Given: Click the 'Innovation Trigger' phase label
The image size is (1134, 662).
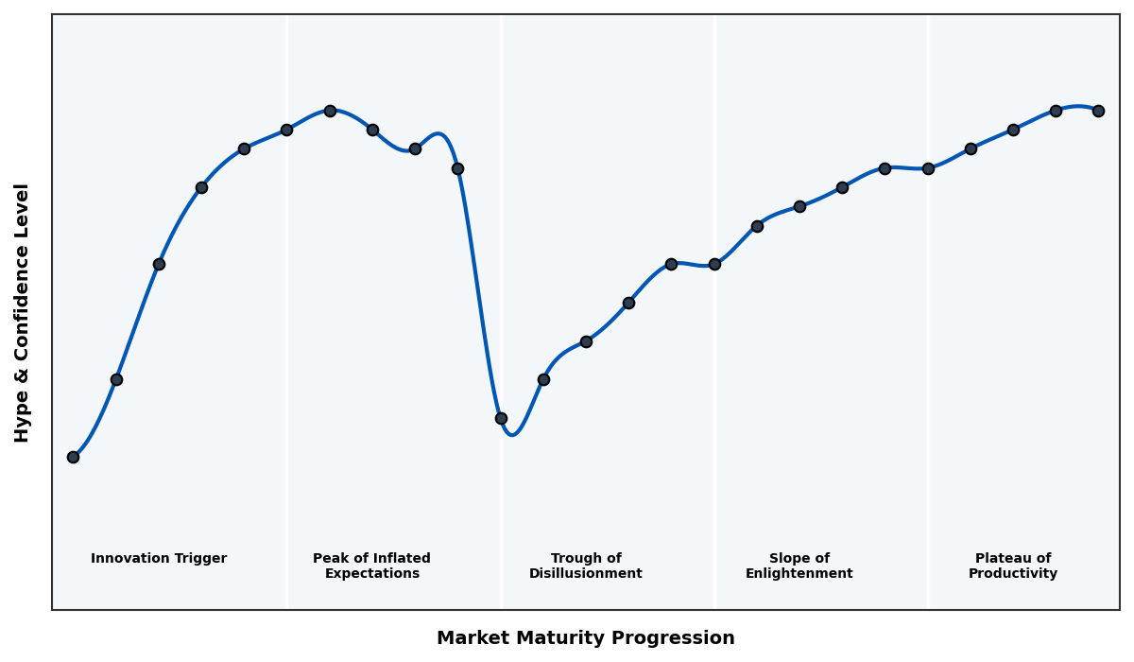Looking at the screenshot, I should pos(159,559).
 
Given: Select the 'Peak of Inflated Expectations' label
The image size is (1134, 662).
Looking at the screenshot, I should pos(371,566).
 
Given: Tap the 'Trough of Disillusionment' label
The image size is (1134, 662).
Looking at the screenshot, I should pos(586,566).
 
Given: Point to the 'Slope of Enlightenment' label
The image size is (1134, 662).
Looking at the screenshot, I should pos(799,566).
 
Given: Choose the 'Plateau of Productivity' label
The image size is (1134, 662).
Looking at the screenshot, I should pos(1012,566).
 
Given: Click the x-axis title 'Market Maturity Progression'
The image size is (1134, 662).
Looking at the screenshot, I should pos(585,638).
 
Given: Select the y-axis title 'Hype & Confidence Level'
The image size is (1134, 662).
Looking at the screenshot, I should pos(23,312).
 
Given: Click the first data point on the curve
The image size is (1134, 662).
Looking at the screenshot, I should pos(73,457).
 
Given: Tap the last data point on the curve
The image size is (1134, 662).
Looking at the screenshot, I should pos(1098,111).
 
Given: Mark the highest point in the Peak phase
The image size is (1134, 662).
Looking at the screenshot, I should pos(330,111).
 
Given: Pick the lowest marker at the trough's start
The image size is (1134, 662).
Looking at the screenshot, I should pos(501,418).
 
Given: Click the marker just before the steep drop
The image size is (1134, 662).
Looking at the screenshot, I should pos(457,168).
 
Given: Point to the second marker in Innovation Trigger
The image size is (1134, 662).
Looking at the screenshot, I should pos(116,379).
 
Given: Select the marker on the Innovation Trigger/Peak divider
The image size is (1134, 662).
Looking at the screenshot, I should pos(286,130).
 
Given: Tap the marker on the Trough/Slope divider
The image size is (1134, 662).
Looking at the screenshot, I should pos(714,264).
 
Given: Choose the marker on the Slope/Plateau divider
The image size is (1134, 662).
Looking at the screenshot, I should pos(928,168).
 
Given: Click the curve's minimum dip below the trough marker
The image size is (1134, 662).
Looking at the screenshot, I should pos(512,434).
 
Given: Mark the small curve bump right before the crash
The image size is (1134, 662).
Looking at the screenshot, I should pos(438,134).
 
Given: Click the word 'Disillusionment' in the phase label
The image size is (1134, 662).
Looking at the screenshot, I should pos(586,574).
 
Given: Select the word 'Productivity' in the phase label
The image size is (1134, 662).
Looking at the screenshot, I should pos(1012,574).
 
